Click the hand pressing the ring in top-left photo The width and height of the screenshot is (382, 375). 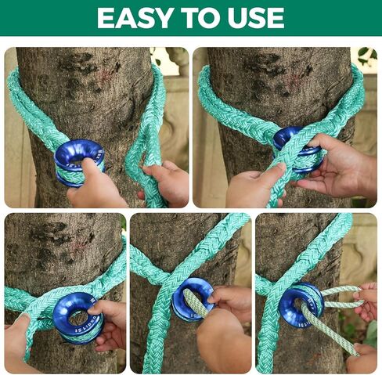click(x=96, y=189)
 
